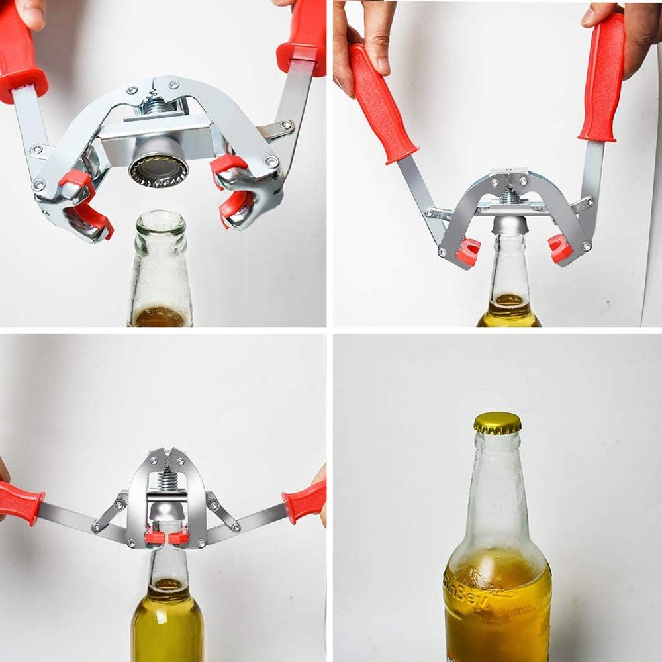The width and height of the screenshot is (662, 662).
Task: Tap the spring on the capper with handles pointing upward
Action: point(510,196)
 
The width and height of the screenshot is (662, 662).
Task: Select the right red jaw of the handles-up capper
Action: point(559,249)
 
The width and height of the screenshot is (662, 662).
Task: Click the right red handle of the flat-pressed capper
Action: point(305,500)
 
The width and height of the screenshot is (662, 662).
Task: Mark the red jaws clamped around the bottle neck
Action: point(167,536)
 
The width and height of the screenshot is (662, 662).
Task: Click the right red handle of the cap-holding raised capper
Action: point(303,36)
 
